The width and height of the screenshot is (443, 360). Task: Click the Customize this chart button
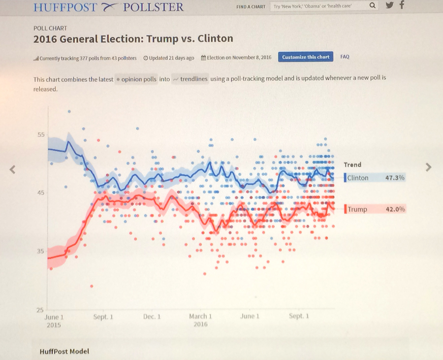point(306,57)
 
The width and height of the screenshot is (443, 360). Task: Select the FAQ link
point(345,57)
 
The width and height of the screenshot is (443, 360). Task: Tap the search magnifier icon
point(372,6)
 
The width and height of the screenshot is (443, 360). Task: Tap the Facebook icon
point(402,5)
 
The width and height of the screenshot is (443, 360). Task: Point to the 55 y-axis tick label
point(41,135)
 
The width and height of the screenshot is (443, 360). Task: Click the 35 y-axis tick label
point(41,251)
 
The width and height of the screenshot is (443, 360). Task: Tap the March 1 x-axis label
point(200,317)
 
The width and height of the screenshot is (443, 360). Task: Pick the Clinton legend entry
point(358,178)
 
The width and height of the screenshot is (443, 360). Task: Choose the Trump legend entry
point(357,209)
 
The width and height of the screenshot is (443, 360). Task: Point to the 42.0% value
point(395,209)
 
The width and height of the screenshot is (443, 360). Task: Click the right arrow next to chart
point(428,167)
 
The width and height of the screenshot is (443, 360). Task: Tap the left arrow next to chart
point(13,170)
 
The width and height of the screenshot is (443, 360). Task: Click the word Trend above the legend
point(352,165)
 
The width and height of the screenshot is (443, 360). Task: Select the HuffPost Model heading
point(64,351)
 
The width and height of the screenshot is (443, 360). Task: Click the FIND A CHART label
point(251,7)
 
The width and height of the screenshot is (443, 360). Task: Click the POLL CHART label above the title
point(50,29)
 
